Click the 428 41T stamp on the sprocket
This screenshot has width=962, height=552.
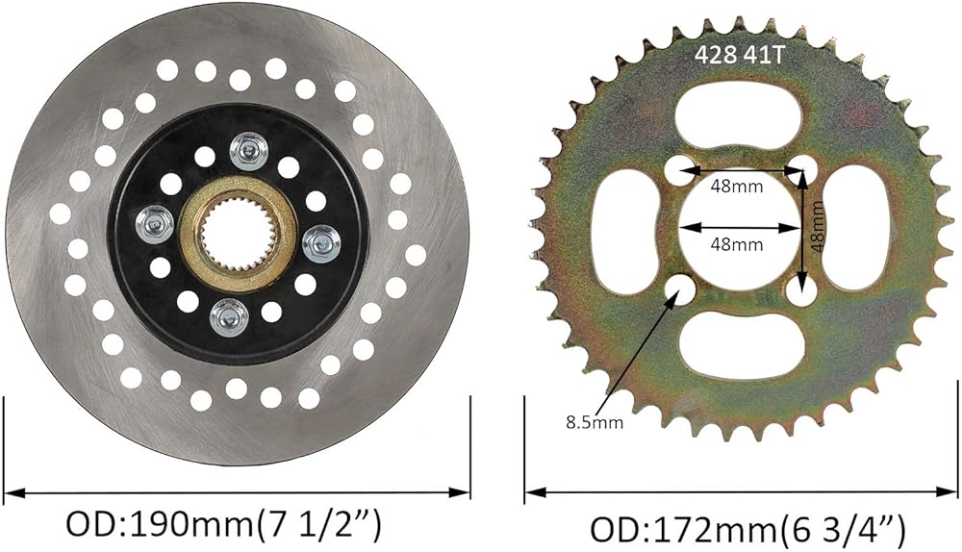(739, 55)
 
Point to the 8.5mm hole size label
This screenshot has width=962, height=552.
(595, 422)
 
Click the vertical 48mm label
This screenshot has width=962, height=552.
(816, 227)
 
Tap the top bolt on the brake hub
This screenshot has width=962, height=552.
(248, 151)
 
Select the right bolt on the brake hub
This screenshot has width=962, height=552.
(321, 244)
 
